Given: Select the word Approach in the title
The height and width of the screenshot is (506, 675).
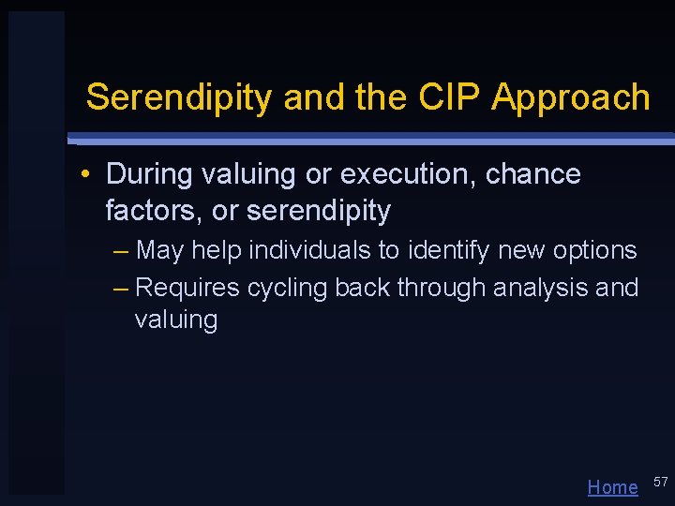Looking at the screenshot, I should (x=571, y=97).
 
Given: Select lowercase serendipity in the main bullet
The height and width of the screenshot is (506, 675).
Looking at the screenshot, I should (x=318, y=211).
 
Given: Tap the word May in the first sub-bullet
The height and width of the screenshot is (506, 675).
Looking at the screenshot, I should (x=159, y=251).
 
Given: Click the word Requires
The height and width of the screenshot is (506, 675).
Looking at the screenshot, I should (x=187, y=288).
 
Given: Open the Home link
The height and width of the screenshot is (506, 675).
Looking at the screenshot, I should (x=612, y=487).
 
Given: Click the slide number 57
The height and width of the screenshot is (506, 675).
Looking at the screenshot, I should (x=660, y=482).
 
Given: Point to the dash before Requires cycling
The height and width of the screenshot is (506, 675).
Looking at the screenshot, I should (x=120, y=289).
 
